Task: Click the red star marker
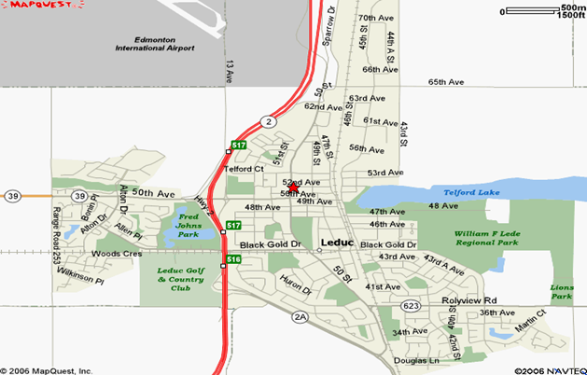pyautogui.click(x=294, y=188)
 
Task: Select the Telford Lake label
pyautogui.click(x=471, y=192)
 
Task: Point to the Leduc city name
pyautogui.click(x=336, y=243)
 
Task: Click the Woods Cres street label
pyautogui.click(x=116, y=254)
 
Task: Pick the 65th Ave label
pyautogui.click(x=446, y=82)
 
